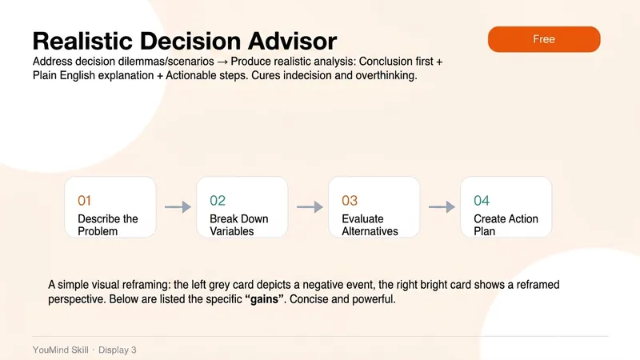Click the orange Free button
click(544, 39)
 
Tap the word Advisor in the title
click(292, 41)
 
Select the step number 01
click(84, 201)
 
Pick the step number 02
click(217, 201)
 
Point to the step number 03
click(350, 201)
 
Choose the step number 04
click(482, 201)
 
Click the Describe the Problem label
click(108, 225)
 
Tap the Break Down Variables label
click(238, 225)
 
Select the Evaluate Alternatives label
click(370, 225)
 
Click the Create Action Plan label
click(506, 225)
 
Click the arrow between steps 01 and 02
click(178, 207)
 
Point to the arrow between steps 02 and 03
click(310, 207)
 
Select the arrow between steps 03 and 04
click(442, 207)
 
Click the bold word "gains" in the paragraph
click(264, 299)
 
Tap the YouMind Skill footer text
click(61, 350)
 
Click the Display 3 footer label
click(117, 350)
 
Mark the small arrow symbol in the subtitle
click(222, 62)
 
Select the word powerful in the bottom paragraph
click(374, 299)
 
